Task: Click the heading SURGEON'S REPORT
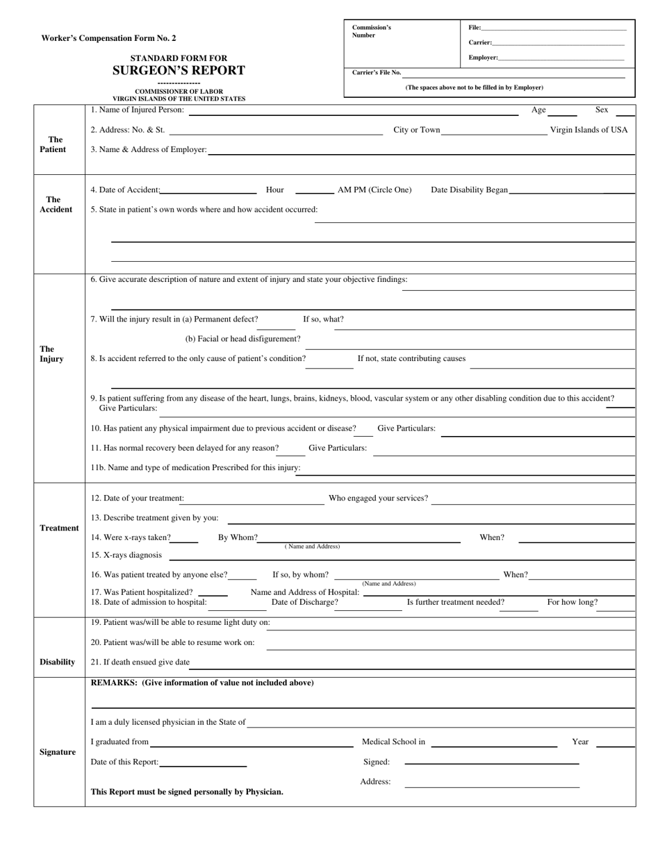pyautogui.click(x=179, y=70)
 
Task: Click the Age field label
pyautogui.click(x=538, y=110)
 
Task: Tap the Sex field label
pyautogui.click(x=602, y=110)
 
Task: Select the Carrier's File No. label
pyautogui.click(x=377, y=72)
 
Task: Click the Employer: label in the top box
pyautogui.click(x=483, y=58)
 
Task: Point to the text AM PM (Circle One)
pyautogui.click(x=374, y=190)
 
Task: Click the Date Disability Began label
pyautogui.click(x=469, y=190)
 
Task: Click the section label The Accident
pyautogui.click(x=56, y=204)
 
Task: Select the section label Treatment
pyautogui.click(x=59, y=528)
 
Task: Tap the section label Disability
pyautogui.click(x=57, y=662)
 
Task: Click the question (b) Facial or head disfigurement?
pyautogui.click(x=242, y=339)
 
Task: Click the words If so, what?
pyautogui.click(x=323, y=319)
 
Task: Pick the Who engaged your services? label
pyautogui.click(x=378, y=498)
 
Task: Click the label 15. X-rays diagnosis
pyautogui.click(x=126, y=555)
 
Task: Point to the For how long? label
pyautogui.click(x=572, y=602)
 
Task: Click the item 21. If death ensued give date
pyautogui.click(x=140, y=662)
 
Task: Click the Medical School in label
pyautogui.click(x=393, y=742)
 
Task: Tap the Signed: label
pyautogui.click(x=377, y=762)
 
